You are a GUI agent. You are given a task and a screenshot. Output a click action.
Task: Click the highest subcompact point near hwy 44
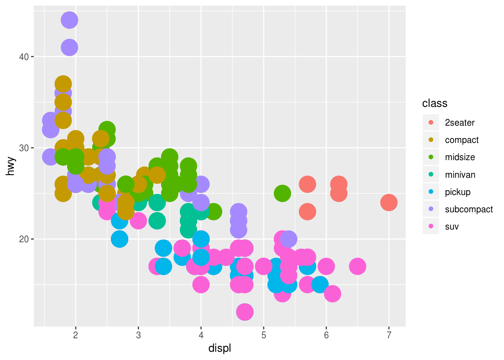[x=69, y=20]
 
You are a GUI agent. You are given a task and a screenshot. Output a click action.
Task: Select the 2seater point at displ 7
[x=388, y=202]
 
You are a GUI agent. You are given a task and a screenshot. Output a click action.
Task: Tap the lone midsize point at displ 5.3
[x=282, y=193]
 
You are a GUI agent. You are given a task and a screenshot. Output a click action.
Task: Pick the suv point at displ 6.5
[x=357, y=266]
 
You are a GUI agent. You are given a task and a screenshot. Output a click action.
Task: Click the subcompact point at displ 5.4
[x=288, y=239]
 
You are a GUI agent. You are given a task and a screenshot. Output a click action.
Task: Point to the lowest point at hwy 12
[x=245, y=312]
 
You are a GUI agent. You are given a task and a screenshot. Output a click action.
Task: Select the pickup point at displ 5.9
[x=320, y=285]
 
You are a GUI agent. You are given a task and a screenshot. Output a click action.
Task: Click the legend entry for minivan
[x=460, y=175]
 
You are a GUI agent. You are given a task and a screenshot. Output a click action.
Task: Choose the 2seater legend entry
[x=459, y=123]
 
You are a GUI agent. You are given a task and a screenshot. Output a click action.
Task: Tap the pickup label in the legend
[x=457, y=192]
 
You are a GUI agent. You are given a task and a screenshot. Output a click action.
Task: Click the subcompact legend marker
[x=431, y=209]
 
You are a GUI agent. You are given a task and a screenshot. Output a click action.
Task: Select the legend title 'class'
[x=435, y=103]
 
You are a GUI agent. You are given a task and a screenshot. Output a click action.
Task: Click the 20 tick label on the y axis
[x=24, y=239]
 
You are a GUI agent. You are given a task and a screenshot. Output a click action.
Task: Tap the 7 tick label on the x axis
[x=388, y=335]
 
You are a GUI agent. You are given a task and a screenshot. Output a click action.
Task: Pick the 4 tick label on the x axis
[x=201, y=335]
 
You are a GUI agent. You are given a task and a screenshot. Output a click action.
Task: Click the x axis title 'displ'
[x=220, y=348]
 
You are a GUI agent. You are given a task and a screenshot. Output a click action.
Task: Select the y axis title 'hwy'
[x=10, y=166]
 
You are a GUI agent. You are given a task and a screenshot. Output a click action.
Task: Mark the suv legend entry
[x=451, y=226]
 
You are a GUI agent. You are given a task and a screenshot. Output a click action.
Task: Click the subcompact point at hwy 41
[x=69, y=48]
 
